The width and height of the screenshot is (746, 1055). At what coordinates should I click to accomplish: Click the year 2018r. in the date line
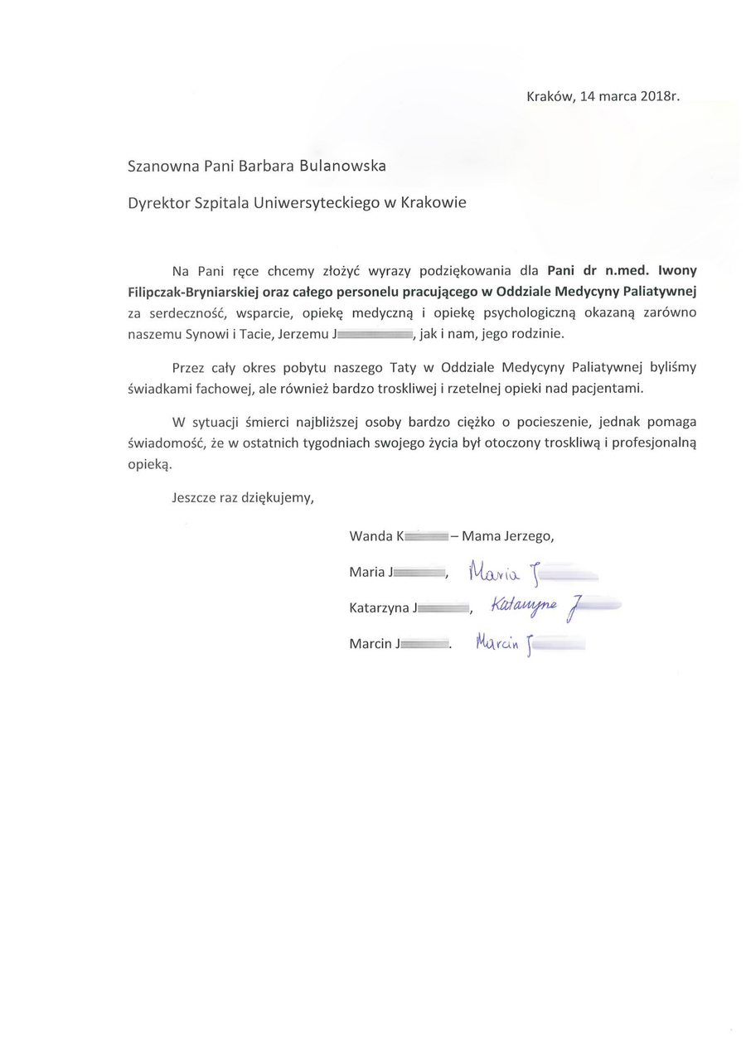(660, 96)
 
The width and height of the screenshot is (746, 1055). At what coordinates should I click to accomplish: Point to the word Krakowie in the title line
(434, 202)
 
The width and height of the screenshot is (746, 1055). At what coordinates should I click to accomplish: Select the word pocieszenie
(535, 422)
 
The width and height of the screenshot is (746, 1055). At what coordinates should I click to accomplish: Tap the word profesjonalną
(655, 443)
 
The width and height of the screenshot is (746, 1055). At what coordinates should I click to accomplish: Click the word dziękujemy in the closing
(277, 498)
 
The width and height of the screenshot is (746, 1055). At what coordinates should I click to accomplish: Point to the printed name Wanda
(371, 536)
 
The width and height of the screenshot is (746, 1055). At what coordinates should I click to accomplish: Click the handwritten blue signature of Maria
(530, 572)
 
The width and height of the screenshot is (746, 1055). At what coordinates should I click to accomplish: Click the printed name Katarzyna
(380, 608)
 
